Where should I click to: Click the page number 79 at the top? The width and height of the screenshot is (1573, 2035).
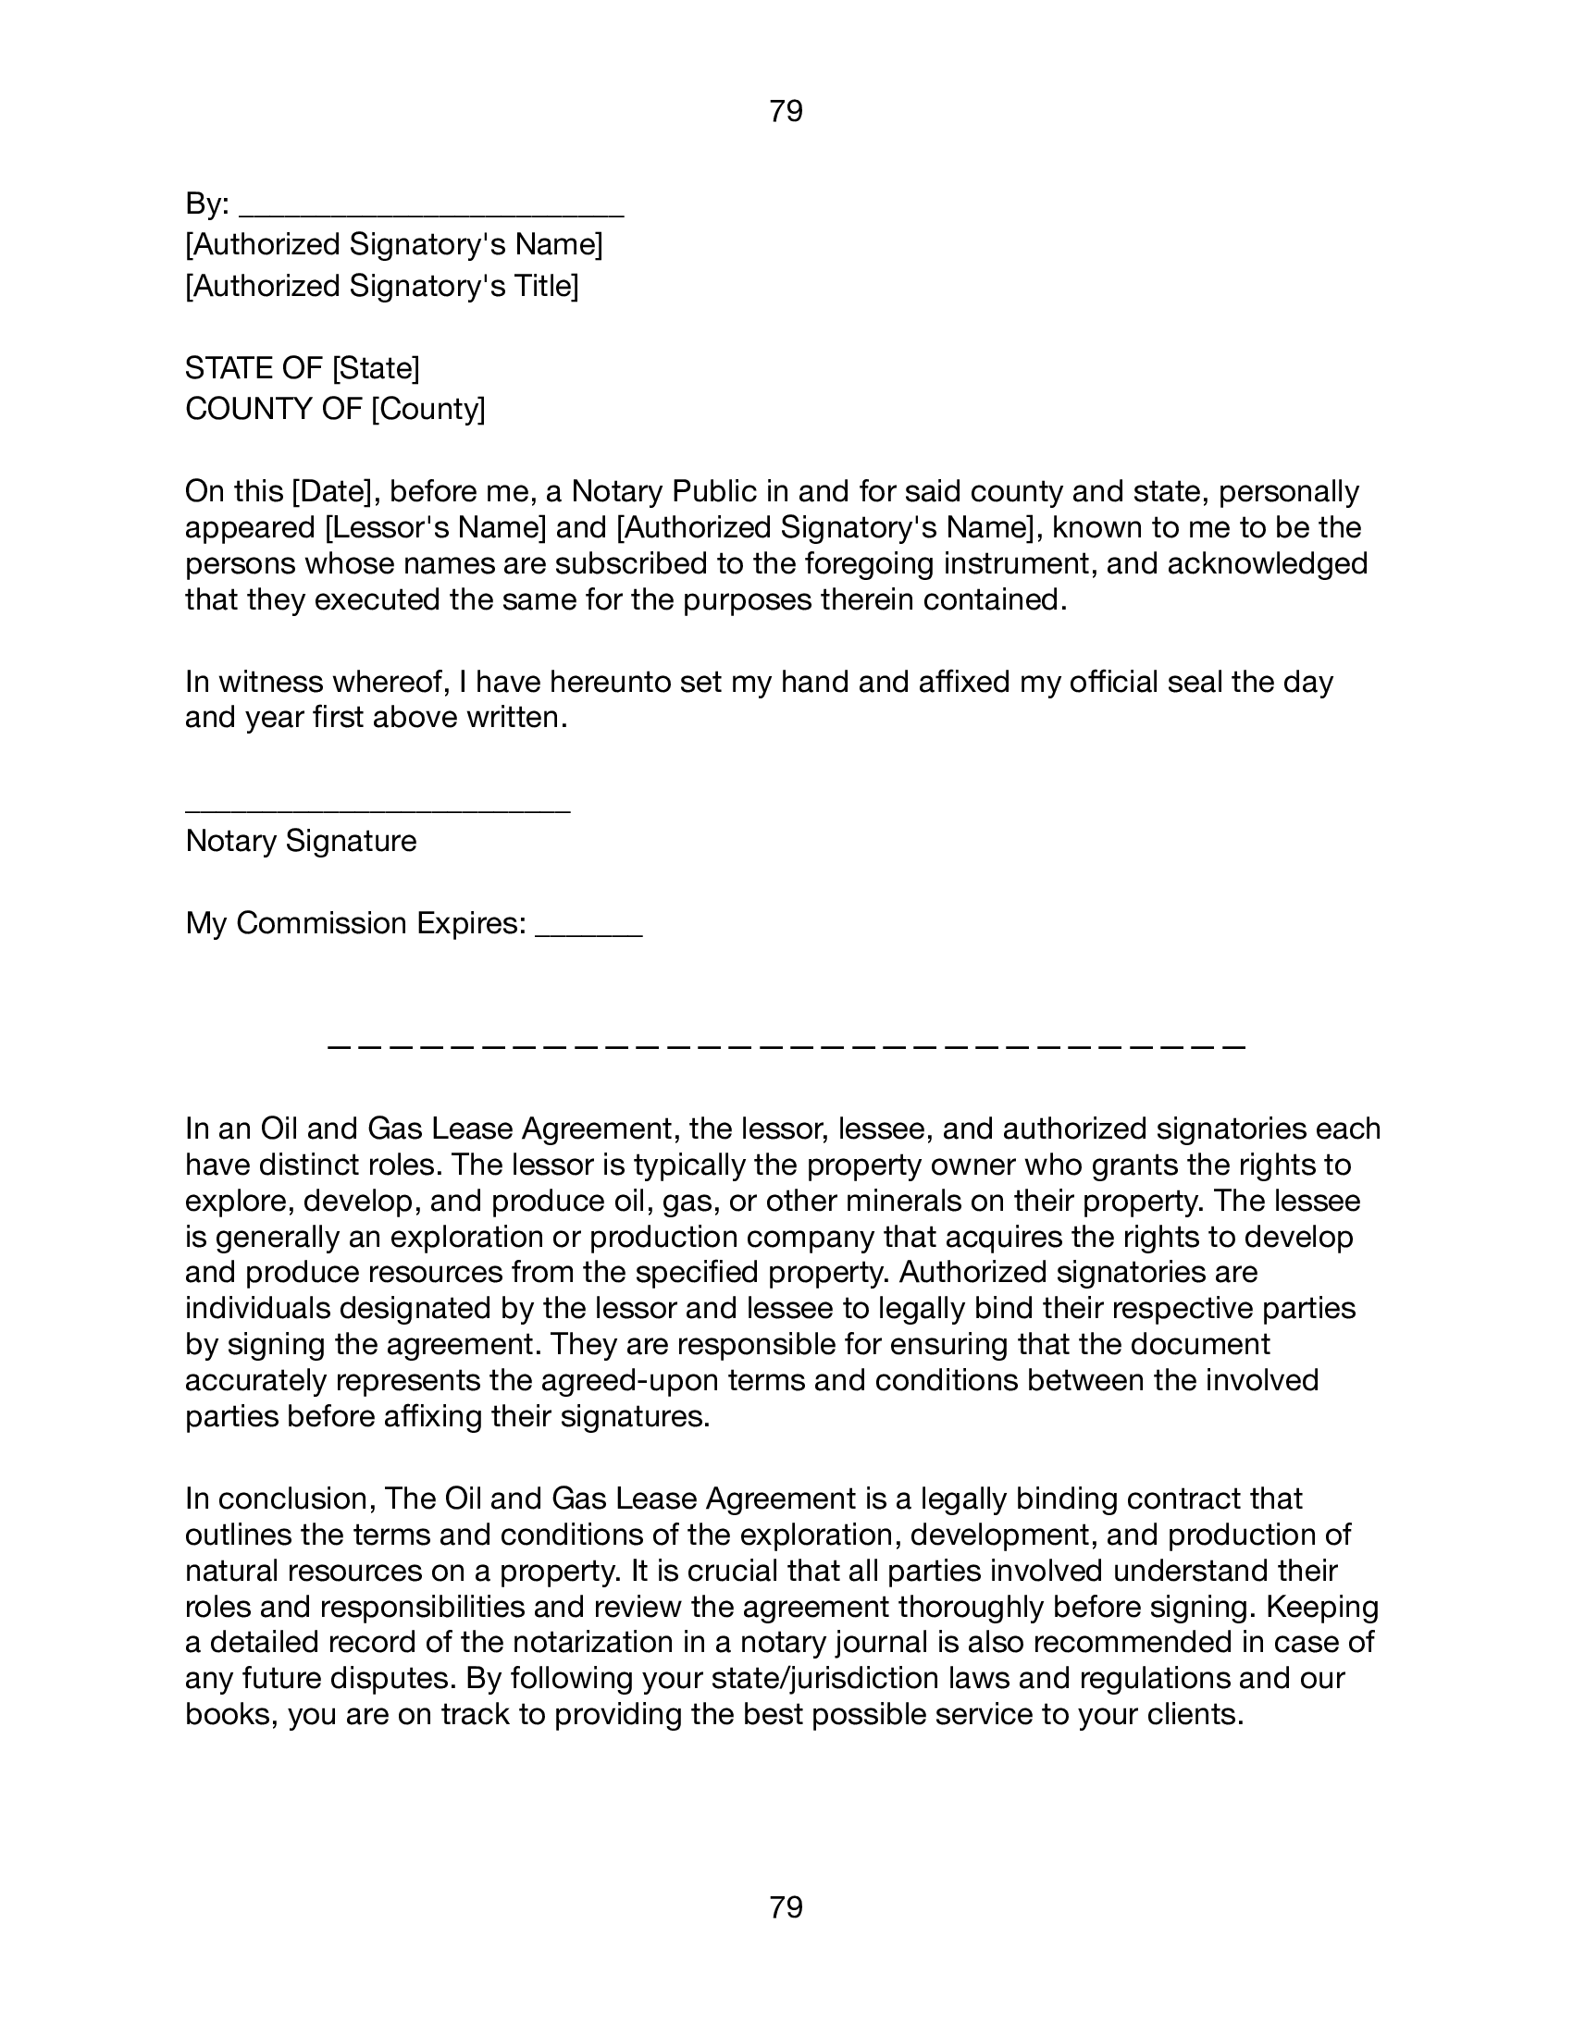click(786, 112)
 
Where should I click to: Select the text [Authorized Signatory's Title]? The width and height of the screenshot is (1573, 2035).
click(382, 286)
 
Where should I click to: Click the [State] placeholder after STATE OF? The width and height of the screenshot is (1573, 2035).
click(376, 369)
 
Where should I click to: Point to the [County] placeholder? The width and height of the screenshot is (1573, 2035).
click(427, 409)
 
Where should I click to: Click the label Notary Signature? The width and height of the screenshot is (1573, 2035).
click(301, 842)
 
